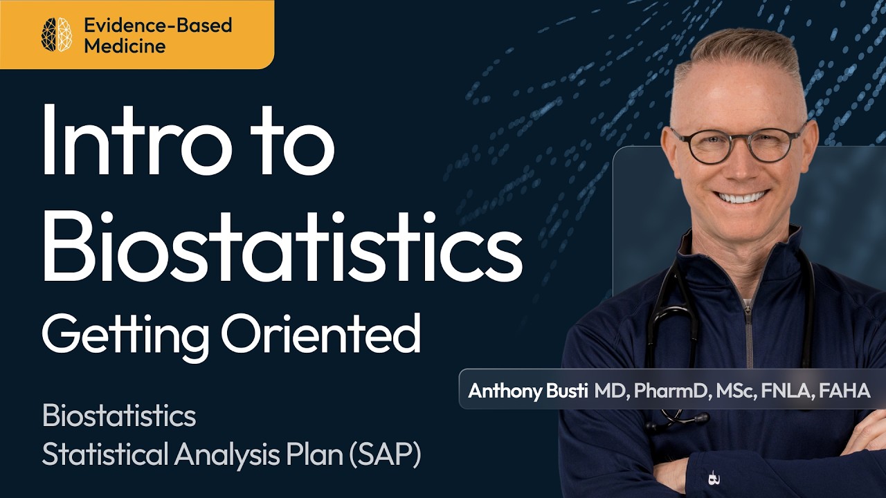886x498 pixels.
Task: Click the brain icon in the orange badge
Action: [x=57, y=35]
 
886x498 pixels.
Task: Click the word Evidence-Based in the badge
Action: [x=158, y=26]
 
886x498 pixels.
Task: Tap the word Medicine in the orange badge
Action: [x=125, y=46]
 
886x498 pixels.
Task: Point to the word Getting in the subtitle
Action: [x=125, y=335]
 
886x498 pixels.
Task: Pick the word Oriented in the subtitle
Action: [x=320, y=333]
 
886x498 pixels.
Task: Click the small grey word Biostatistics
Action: [x=118, y=416]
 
